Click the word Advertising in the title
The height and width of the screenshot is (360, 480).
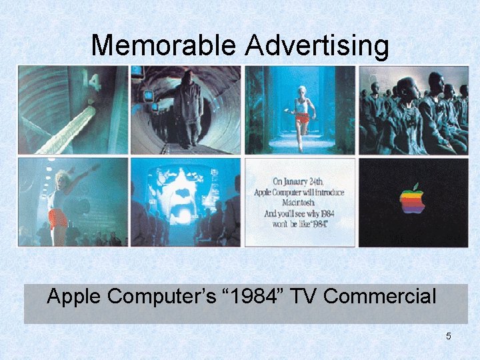pyautogui.click(x=317, y=45)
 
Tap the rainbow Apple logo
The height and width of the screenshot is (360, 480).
pyautogui.click(x=412, y=199)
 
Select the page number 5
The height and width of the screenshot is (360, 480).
pyautogui.click(x=449, y=336)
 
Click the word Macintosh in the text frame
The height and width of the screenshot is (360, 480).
pyautogui.click(x=299, y=203)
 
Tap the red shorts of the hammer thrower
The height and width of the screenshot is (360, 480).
pyautogui.click(x=58, y=218)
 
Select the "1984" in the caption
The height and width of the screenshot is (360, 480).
pyautogui.click(x=257, y=296)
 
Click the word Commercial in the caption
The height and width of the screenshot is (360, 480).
pyautogui.click(x=379, y=296)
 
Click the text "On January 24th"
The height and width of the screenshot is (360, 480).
pyautogui.click(x=299, y=181)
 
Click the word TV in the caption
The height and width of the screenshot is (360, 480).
pyautogui.click(x=306, y=296)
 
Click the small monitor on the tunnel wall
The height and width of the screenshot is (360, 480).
pyautogui.click(x=149, y=96)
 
